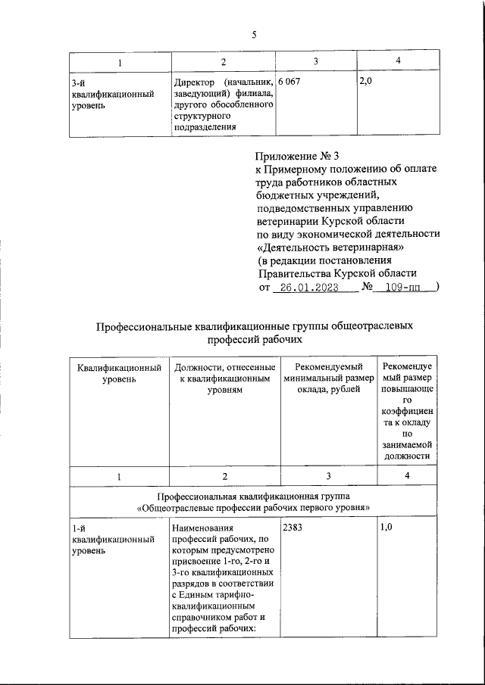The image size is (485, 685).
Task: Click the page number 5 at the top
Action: pos(254,34)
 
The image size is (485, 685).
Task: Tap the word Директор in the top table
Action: pos(193,82)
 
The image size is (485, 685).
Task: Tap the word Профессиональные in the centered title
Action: pos(145,327)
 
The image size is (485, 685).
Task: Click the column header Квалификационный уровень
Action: pos(120,373)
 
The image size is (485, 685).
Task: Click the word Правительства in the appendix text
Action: pos(301,273)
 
